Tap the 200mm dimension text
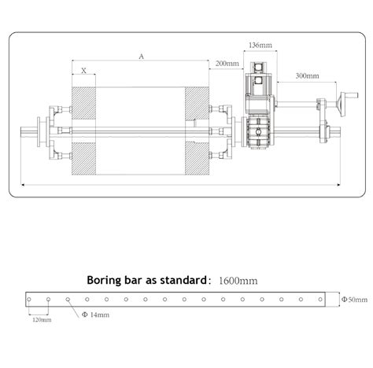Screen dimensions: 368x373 226,63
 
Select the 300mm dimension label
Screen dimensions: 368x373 308,75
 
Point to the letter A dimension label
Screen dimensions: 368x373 140,56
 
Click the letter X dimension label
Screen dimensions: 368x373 83,71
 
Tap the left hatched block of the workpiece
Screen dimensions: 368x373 83,130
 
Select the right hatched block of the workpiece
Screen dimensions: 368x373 197,130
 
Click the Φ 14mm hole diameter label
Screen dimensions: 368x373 95,315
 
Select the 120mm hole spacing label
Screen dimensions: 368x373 41,320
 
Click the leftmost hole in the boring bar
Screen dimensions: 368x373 31,300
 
